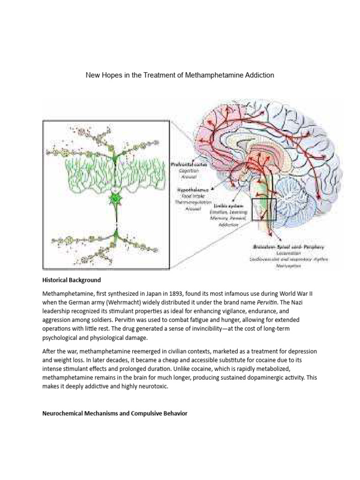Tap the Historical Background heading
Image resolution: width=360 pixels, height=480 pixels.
tap(72, 280)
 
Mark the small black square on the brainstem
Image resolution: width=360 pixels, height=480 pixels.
tap(264, 209)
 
